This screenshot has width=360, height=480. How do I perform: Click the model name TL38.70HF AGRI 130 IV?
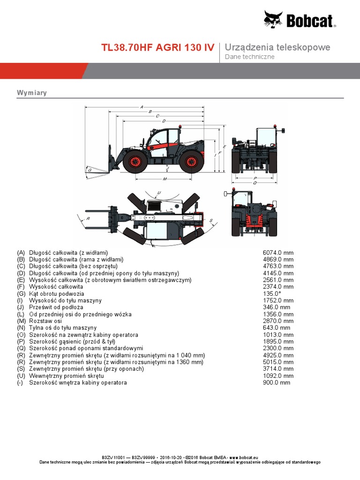coord(158,48)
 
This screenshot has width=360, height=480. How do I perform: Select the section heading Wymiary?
coord(31,93)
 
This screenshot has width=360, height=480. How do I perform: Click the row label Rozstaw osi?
coord(46,321)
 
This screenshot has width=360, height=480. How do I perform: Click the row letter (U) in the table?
coord(21,376)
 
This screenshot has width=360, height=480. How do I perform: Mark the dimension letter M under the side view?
coord(165,179)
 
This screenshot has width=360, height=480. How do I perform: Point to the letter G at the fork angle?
coord(89,170)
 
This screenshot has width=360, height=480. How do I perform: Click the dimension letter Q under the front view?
coord(255,183)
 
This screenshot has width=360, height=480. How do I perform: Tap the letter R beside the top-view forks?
coord(88,218)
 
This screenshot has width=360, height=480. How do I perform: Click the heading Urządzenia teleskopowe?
coord(277,47)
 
